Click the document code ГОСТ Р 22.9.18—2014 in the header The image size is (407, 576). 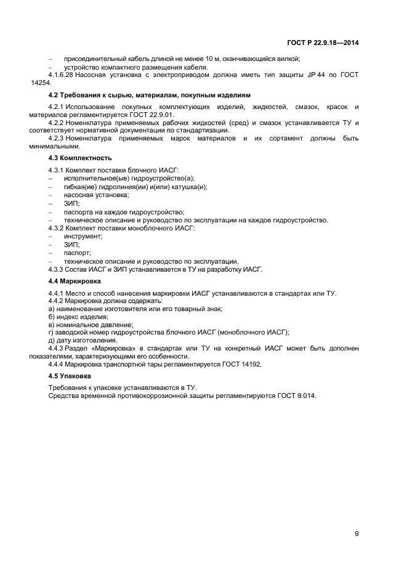pos(323,43)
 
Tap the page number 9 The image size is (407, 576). pos(357,533)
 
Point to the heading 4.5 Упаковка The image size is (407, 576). pos(70,375)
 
